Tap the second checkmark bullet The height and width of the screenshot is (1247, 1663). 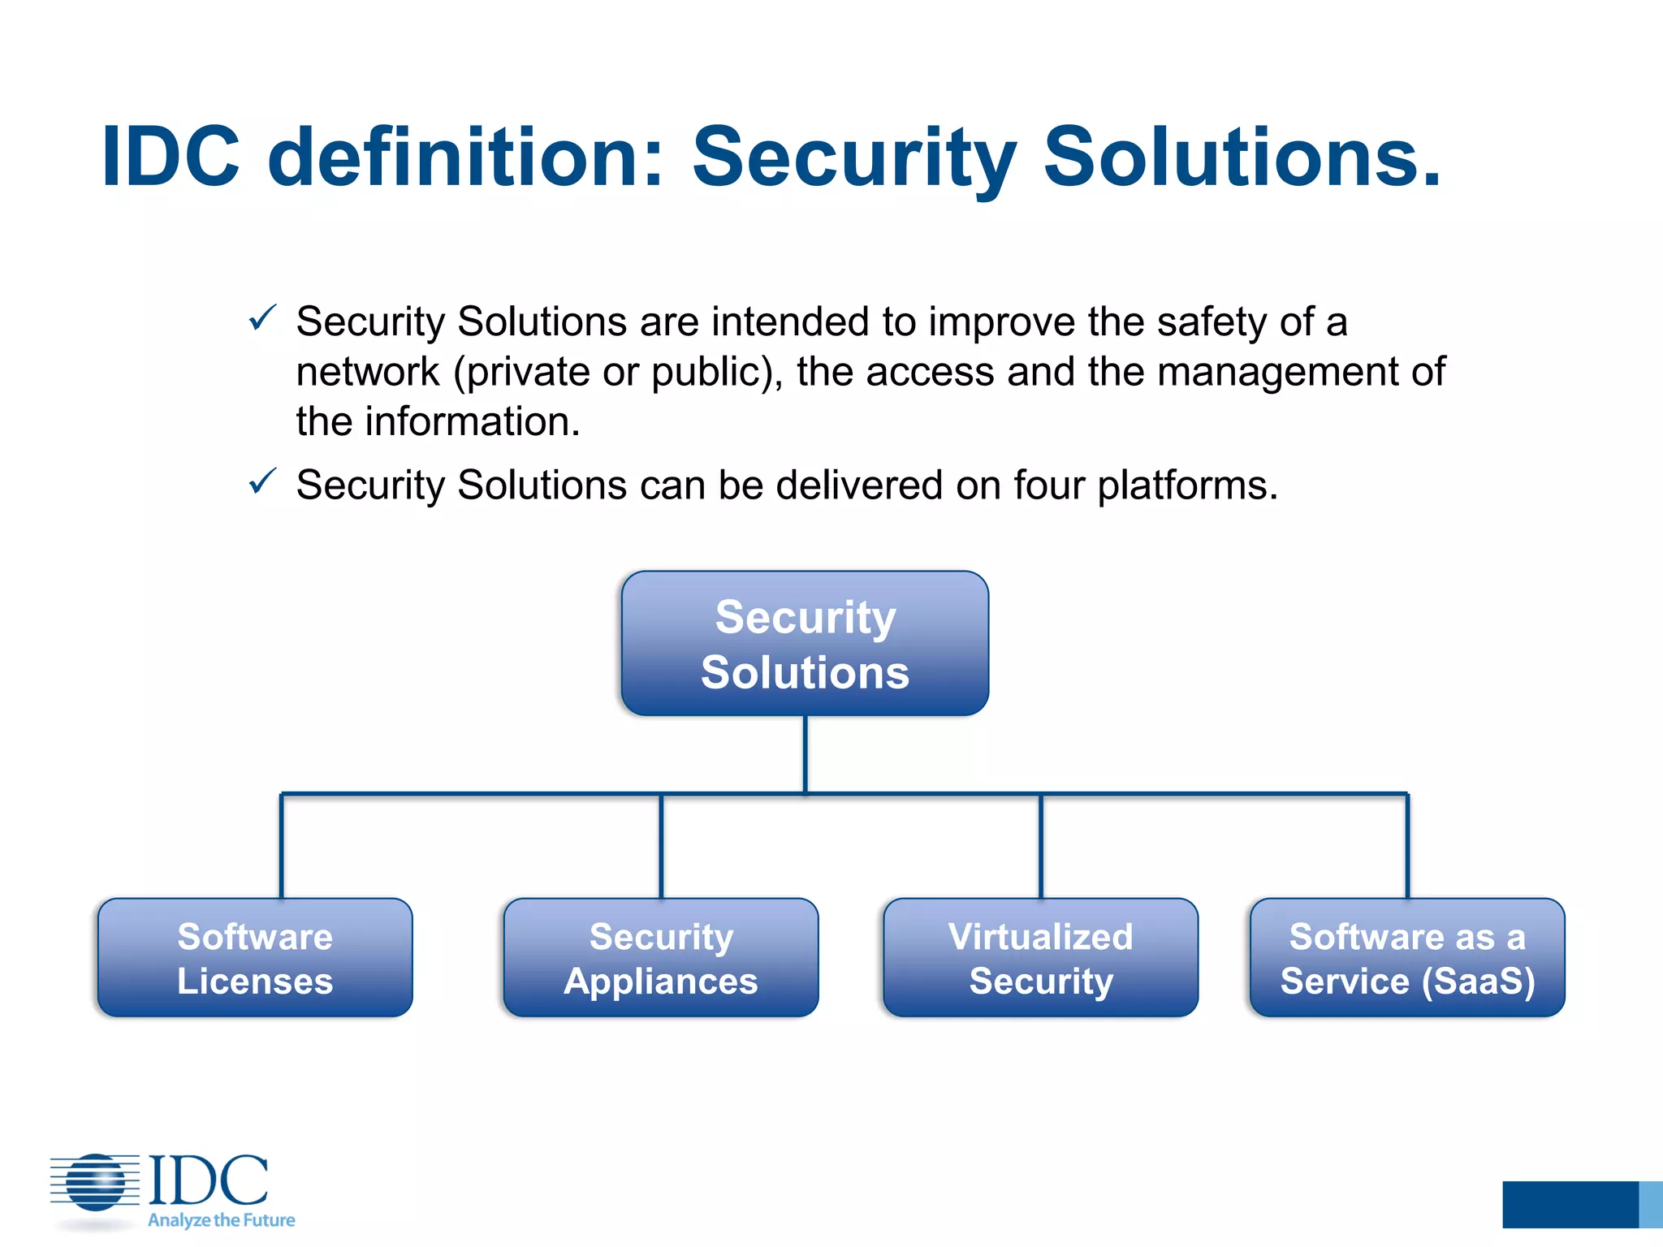(x=262, y=481)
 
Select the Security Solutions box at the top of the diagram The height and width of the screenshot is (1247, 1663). (x=805, y=644)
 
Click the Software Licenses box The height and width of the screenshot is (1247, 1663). (x=255, y=958)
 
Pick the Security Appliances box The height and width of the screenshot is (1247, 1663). (x=661, y=958)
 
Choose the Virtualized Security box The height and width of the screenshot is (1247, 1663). (x=1040, y=958)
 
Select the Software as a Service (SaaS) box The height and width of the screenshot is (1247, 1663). (x=1407, y=958)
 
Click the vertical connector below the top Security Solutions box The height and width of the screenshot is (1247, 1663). (x=805, y=753)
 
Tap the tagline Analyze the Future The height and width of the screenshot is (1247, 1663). (x=221, y=1220)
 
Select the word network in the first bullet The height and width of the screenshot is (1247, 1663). (x=367, y=373)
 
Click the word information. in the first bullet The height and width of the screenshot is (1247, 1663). (x=473, y=422)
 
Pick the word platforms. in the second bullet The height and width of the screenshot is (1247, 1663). (x=1187, y=485)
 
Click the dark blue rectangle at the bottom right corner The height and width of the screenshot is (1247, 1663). (x=1570, y=1205)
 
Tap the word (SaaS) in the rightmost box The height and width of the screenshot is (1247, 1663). (x=1478, y=982)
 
